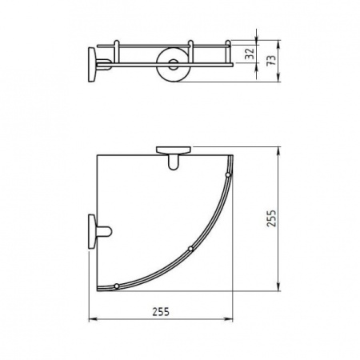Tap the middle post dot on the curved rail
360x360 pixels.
(x=190, y=250)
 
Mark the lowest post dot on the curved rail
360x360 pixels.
(x=118, y=285)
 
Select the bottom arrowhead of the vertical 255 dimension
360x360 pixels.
(x=278, y=294)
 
